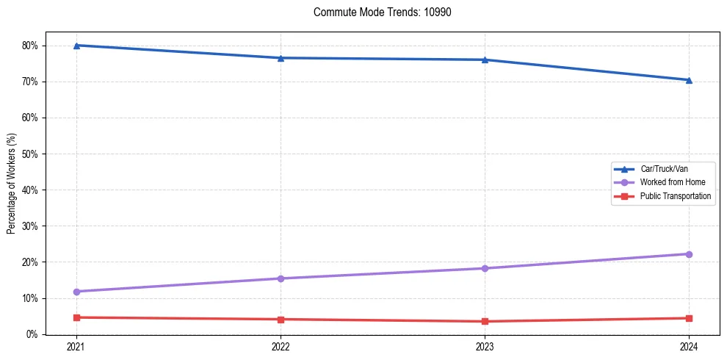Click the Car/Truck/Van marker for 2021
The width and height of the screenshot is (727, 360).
coord(76,46)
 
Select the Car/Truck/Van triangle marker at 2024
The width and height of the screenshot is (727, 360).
coord(689,80)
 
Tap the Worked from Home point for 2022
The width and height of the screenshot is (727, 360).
coord(281,278)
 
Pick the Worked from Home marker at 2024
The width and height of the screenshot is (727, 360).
coord(689,254)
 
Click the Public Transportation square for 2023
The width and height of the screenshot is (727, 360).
coord(485,321)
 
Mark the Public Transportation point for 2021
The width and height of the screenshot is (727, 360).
coord(76,317)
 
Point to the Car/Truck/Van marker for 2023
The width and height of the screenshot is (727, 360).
coord(485,60)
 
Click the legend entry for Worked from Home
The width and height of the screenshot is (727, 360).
coord(671,182)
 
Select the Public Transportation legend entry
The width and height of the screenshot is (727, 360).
coord(676,196)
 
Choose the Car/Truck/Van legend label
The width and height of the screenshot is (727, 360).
coord(664,168)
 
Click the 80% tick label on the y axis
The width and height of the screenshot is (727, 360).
coord(30,46)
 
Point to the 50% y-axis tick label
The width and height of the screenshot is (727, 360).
coord(30,154)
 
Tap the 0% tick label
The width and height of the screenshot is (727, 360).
coord(32,334)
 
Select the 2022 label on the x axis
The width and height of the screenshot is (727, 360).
coord(281,347)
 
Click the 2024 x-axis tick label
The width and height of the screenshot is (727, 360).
coord(689,347)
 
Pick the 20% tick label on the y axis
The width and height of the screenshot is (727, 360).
coord(30,262)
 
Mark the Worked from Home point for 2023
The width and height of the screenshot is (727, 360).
coord(485,268)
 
